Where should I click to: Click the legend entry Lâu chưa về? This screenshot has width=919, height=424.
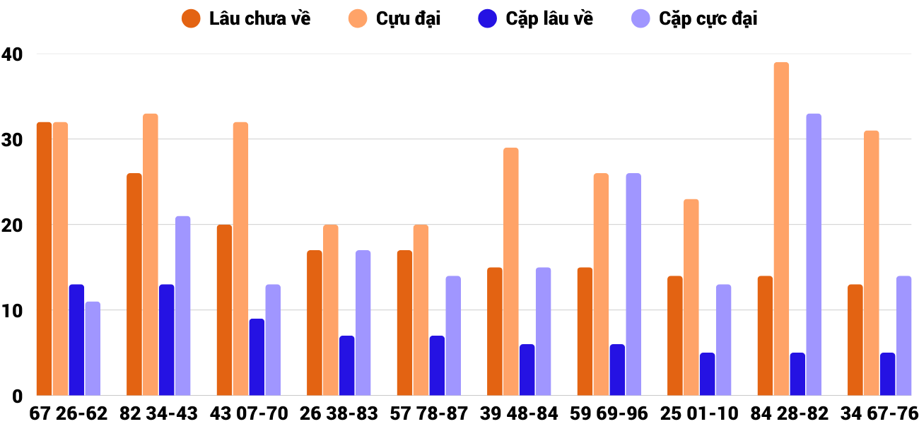(247, 19)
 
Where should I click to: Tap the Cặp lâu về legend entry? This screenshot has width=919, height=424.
(537, 19)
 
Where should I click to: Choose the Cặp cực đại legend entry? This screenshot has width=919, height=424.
(693, 19)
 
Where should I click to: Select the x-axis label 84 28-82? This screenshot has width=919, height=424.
(790, 413)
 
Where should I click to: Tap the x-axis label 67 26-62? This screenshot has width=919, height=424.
(69, 413)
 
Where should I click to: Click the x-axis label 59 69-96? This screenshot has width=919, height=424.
(609, 413)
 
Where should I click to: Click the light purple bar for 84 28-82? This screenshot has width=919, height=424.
(814, 254)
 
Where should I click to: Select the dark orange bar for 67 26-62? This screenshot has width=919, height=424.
(45, 259)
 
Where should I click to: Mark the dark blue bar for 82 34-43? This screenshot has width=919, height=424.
(167, 340)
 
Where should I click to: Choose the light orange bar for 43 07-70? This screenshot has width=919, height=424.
(241, 259)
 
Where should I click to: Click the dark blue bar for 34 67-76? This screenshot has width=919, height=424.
(888, 374)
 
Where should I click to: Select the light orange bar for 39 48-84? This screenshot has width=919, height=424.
(511, 271)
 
